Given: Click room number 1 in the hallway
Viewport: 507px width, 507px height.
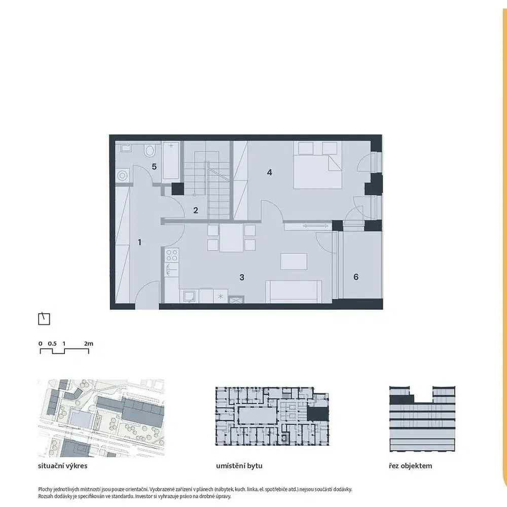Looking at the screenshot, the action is [140, 242].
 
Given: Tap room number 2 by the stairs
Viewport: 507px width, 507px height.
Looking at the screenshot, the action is [196, 210].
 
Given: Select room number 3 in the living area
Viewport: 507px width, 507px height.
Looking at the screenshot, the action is [242, 277].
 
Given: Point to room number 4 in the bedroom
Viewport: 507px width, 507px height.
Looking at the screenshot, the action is [270, 172].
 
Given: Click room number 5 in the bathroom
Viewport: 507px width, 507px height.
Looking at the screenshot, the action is [154, 166].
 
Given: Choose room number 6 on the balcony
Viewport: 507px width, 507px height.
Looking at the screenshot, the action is [356, 277].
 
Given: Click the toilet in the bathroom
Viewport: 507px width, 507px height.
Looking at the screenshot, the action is [150, 151].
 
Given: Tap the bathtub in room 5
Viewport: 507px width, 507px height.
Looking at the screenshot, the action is [171, 161].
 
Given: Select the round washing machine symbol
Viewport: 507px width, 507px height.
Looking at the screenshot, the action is [122, 176].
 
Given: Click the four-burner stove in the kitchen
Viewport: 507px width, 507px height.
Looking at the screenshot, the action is [172, 255].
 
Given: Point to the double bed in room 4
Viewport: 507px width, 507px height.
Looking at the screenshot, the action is [317, 165].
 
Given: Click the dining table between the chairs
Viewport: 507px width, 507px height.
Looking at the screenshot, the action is [231, 238].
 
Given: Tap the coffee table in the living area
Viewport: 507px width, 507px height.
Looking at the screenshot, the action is [294, 262].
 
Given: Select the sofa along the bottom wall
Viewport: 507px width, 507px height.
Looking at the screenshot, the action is [294, 292].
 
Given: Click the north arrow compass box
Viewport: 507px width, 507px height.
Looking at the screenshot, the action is [44, 319].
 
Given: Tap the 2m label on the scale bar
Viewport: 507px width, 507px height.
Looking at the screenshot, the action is [89, 343].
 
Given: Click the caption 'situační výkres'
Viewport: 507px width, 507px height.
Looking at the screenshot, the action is [63, 466].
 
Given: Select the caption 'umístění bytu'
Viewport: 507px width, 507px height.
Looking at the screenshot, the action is [239, 466].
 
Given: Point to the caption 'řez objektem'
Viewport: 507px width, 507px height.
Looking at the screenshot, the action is [410, 466].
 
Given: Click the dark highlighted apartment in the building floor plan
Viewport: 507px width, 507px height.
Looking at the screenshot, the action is [317, 414].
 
